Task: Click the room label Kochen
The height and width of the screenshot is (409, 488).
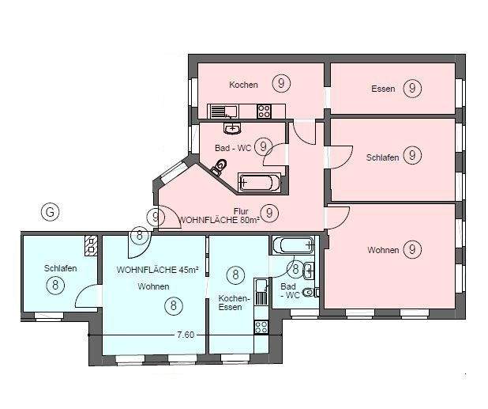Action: (243, 85)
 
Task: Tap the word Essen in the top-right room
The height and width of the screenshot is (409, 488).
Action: (383, 89)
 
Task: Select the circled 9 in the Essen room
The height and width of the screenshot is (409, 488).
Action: (411, 88)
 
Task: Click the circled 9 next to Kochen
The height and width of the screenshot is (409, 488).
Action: (280, 83)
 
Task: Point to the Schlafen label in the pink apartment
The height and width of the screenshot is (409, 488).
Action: (383, 157)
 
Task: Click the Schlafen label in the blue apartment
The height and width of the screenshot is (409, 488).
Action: (61, 268)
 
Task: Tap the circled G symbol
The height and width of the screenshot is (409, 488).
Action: (50, 212)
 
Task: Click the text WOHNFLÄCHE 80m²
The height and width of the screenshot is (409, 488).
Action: (220, 219)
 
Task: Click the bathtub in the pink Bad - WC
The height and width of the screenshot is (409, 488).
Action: (258, 182)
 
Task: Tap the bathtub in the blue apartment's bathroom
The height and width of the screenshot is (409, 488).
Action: (292, 244)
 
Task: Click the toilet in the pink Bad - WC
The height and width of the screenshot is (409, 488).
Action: (220, 165)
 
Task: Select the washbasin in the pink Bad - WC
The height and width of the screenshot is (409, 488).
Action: (232, 127)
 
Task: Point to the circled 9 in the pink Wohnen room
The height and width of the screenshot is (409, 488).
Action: (411, 250)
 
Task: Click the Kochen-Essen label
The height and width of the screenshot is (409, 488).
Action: (234, 302)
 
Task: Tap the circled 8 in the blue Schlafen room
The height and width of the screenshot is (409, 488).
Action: (55, 286)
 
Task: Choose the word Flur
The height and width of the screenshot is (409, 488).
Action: (242, 210)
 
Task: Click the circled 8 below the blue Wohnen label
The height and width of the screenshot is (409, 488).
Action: (173, 305)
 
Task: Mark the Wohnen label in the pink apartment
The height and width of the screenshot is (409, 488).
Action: (383, 251)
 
